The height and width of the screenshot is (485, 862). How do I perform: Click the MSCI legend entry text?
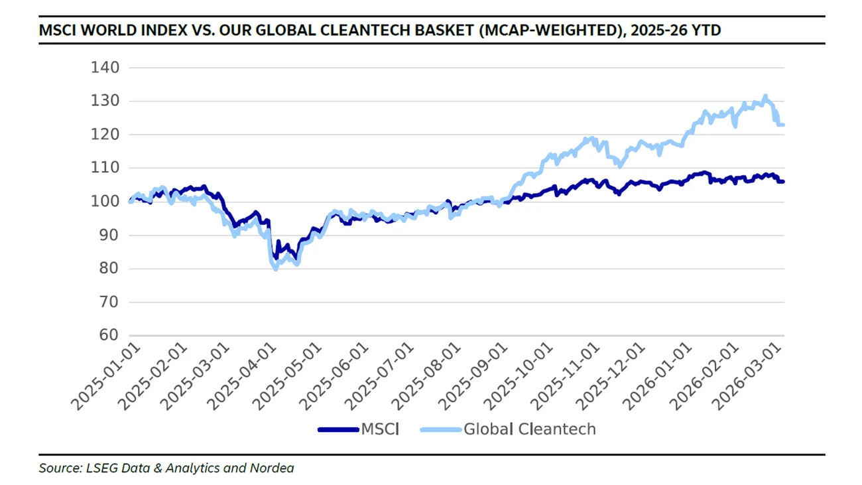380,429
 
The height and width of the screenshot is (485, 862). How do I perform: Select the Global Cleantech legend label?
529,429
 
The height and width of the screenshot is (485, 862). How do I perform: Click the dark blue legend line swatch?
338,430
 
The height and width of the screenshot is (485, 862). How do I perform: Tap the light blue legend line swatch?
441,430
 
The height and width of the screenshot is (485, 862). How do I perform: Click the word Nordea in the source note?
272,468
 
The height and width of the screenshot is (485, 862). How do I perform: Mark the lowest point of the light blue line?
276,269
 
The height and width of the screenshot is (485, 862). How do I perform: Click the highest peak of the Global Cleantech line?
765,96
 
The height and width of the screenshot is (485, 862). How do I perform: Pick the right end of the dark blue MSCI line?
783,182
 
